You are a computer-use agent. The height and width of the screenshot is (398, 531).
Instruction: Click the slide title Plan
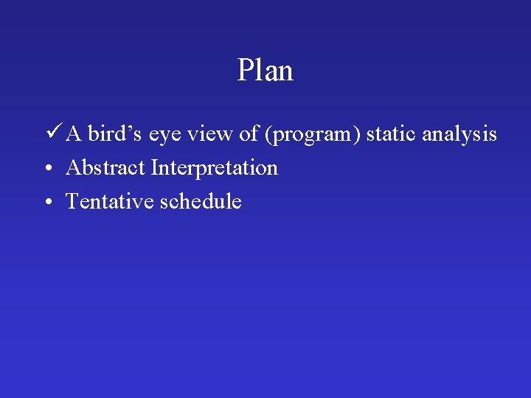pyautogui.click(x=265, y=71)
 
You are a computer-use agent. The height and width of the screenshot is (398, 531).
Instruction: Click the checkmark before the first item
pyautogui.click(x=52, y=133)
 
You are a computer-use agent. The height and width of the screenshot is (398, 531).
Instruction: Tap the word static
pyautogui.click(x=391, y=135)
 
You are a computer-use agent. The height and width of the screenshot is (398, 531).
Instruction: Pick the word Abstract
pyautogui.click(x=105, y=168)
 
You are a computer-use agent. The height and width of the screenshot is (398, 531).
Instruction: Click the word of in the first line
pyautogui.click(x=249, y=135)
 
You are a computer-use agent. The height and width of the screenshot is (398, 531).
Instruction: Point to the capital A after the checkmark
pyautogui.click(x=74, y=135)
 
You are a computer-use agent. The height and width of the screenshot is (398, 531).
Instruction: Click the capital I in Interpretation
pyautogui.click(x=154, y=168)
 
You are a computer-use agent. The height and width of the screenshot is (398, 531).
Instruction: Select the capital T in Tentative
pyautogui.click(x=72, y=201)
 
